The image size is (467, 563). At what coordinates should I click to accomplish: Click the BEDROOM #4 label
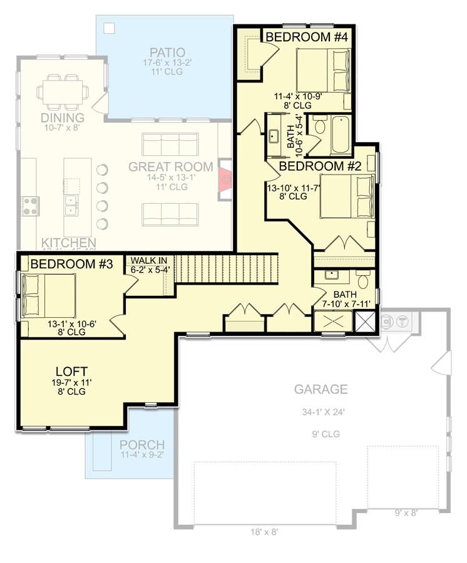click(307, 38)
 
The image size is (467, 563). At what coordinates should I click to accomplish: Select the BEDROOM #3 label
click(71, 264)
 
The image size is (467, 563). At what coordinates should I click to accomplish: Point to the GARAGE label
click(322, 390)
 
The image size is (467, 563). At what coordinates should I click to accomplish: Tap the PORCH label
click(141, 445)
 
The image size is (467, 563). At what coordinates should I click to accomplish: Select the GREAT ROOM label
click(170, 167)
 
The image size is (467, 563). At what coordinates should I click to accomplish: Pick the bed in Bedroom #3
click(49, 297)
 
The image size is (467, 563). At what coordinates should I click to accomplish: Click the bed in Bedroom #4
click(323, 71)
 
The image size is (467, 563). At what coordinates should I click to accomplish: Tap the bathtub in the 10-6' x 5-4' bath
click(341, 134)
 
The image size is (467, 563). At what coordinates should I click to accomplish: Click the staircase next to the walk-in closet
click(225, 267)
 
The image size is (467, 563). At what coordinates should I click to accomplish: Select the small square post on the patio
click(110, 28)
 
